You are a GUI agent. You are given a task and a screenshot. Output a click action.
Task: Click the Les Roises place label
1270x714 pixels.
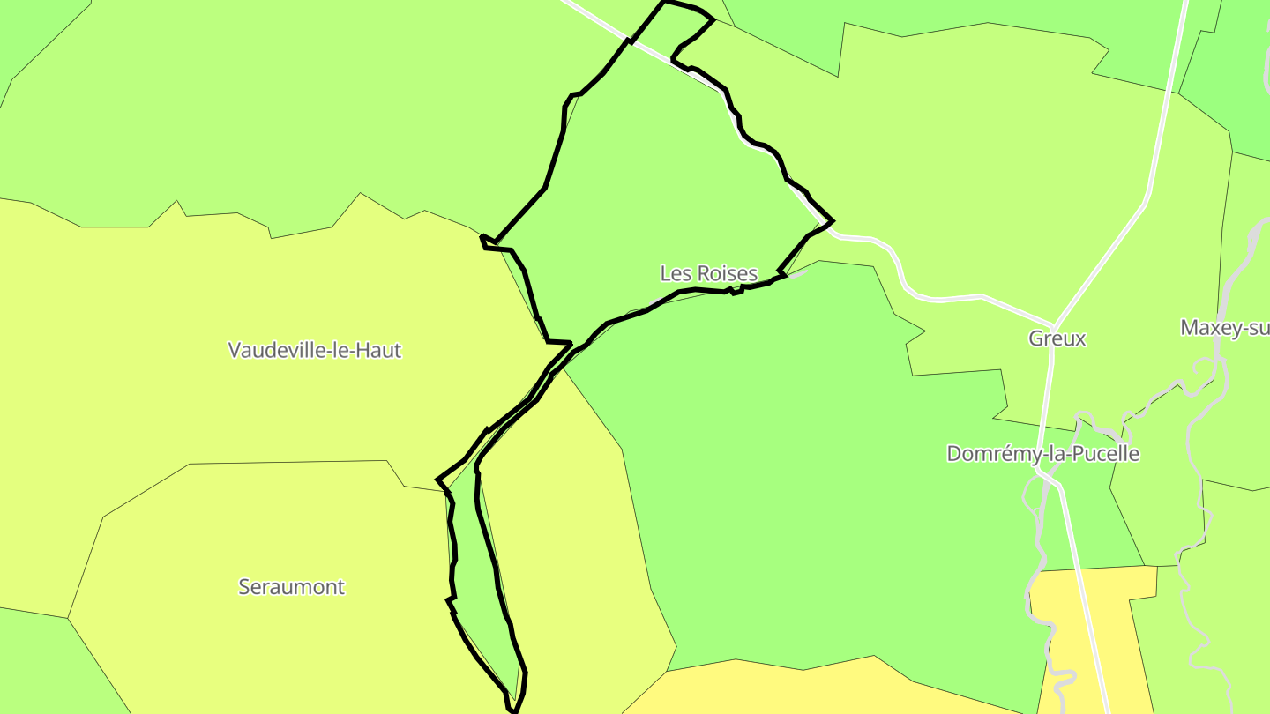(x=708, y=273)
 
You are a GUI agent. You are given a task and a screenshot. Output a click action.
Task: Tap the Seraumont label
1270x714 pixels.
(x=291, y=587)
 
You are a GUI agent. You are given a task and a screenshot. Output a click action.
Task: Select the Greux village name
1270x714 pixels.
(x=1057, y=338)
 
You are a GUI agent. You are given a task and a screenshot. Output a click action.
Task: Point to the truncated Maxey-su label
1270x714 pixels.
(x=1225, y=328)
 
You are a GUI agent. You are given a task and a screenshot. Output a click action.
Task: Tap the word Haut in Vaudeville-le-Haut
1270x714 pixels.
(x=382, y=350)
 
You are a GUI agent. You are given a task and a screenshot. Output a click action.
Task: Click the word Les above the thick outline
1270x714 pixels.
(x=676, y=273)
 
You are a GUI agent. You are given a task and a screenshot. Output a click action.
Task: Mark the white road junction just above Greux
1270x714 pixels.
(x=1054, y=324)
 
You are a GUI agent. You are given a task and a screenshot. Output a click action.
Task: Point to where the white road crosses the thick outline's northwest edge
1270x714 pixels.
(x=631, y=41)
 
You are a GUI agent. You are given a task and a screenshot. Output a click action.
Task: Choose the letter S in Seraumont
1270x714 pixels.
(x=244, y=587)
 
